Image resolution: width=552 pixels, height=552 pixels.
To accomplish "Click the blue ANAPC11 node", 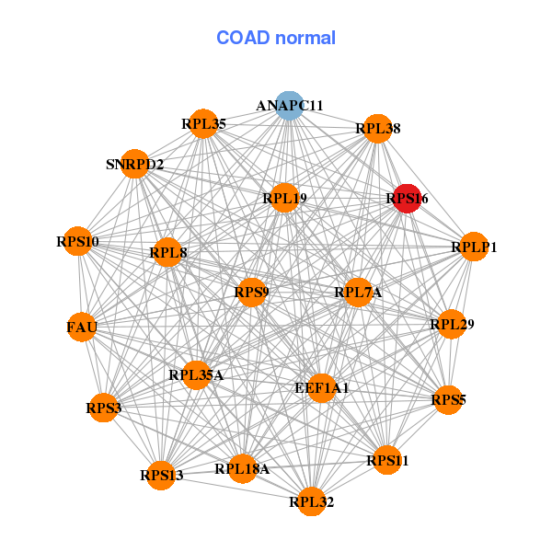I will [289, 105].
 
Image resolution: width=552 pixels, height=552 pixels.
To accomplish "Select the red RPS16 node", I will [407, 198].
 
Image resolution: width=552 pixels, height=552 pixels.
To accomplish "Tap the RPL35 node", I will [203, 123].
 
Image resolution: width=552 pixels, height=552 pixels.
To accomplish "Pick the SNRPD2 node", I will [135, 165].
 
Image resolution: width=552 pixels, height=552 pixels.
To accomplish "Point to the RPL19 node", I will [284, 198].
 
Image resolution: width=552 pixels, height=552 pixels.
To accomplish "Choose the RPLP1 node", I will [474, 247].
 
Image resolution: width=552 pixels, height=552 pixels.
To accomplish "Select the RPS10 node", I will [77, 242].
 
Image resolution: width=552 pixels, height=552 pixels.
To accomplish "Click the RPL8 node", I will [167, 250].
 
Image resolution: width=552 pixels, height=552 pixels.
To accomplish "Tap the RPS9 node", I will [251, 293].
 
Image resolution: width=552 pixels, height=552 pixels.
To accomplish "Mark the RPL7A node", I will [358, 293].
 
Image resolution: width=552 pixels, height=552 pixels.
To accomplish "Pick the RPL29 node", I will [451, 324].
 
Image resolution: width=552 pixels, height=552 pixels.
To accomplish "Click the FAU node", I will [82, 327].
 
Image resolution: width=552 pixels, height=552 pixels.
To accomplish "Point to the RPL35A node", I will [196, 374].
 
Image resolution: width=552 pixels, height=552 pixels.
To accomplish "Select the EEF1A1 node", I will [322, 388].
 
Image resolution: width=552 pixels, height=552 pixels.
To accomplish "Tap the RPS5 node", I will [448, 399].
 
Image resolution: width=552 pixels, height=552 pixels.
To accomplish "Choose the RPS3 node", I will [104, 407].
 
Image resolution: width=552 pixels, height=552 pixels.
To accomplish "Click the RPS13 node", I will [162, 475].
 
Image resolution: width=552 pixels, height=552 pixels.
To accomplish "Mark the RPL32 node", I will [312, 501].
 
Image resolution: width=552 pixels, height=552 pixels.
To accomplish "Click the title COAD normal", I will [276, 38].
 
